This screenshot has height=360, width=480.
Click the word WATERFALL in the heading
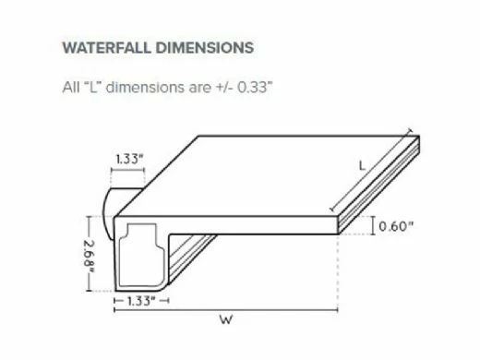coord(107,48)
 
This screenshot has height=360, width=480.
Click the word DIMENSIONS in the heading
coord(205,48)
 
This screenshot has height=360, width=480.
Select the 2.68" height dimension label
coord(89,254)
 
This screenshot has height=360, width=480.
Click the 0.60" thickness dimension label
coord(395,226)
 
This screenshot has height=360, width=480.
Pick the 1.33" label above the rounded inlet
coord(129,160)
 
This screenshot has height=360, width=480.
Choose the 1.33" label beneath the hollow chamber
coord(141,301)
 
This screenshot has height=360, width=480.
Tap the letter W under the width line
coord(226,320)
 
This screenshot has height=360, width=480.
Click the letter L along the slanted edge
coord(363,166)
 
